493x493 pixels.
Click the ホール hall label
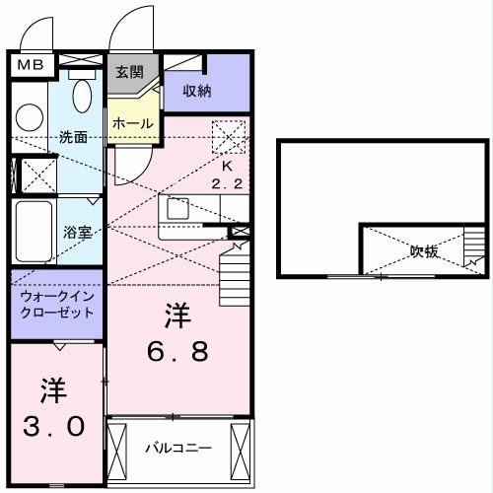(x=131, y=123)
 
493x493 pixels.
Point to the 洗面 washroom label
(x=72, y=136)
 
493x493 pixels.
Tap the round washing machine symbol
(x=29, y=117)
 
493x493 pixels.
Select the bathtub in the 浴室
(x=35, y=232)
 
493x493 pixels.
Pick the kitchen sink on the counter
(x=177, y=209)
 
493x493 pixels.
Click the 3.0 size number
(x=54, y=425)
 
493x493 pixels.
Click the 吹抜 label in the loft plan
(x=425, y=251)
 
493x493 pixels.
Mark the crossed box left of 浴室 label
(x=38, y=174)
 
